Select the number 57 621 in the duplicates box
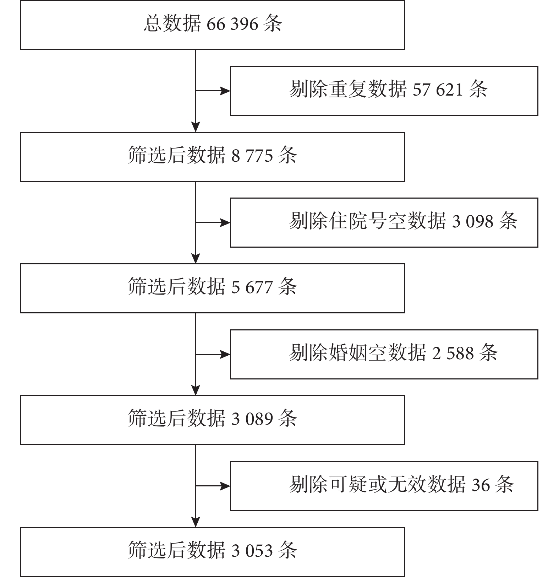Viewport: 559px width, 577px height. point(438,89)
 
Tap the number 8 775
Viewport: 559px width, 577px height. point(252,156)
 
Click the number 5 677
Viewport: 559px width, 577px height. point(252,287)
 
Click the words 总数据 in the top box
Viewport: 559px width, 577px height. point(172,24)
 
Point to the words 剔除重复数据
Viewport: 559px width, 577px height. point(348,89)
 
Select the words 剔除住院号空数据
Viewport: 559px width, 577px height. point(367,221)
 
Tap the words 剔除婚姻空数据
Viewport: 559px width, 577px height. point(358,353)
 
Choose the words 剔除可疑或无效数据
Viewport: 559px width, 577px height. point(377,484)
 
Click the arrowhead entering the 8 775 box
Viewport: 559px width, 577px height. point(196,127)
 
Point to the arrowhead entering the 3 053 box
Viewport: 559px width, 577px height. point(196,522)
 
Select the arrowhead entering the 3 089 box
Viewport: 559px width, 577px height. point(196,390)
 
